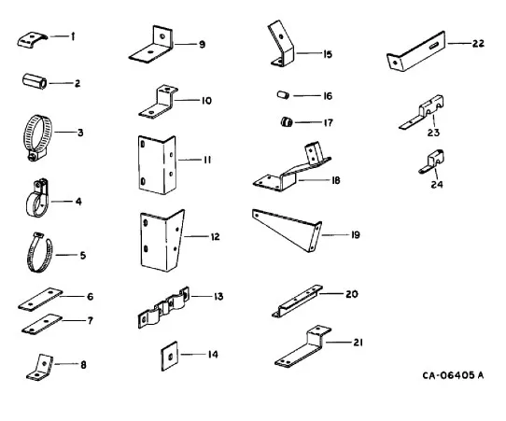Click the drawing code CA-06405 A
coord(453,375)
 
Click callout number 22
coord(478,43)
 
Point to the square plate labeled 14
coord(169,356)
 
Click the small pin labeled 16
coord(283,95)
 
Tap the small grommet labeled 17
coord(287,122)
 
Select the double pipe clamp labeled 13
coord(163,307)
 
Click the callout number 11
coord(207,160)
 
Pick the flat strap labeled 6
coord(40,300)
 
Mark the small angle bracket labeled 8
coord(40,368)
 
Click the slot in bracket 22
coord(433,45)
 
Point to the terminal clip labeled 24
coord(431,161)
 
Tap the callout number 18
coord(335,180)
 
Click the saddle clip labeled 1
coord(32,40)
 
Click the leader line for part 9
coord(184,44)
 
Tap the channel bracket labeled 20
coord(297,302)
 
